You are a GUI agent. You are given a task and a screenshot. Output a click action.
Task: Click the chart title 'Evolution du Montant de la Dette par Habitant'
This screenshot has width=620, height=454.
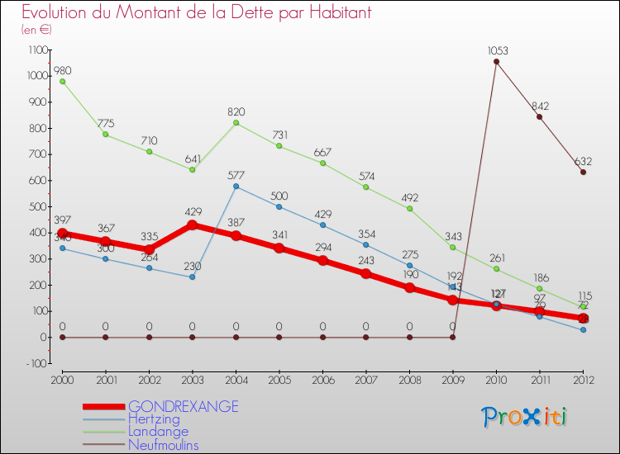click(197, 12)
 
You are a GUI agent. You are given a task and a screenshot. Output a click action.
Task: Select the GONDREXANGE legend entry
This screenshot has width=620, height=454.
click(183, 406)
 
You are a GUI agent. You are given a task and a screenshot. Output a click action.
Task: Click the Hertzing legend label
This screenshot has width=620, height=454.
click(153, 419)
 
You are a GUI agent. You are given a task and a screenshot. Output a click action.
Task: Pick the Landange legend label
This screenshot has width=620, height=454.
click(158, 432)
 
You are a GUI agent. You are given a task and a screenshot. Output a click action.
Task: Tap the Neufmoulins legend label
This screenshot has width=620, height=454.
click(163, 445)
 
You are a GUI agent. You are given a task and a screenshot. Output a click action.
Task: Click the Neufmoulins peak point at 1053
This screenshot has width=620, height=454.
click(496, 61)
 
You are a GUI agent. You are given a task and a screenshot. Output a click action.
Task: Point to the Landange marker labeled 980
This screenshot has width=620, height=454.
click(62, 81)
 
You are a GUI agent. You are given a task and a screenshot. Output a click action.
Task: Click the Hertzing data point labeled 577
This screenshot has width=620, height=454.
click(236, 186)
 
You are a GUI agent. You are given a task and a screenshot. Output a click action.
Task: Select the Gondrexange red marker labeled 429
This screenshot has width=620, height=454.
click(193, 225)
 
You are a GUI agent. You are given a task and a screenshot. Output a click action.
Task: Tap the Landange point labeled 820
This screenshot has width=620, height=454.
click(236, 123)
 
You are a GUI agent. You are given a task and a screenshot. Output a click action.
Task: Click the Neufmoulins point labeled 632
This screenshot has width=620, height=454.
click(583, 172)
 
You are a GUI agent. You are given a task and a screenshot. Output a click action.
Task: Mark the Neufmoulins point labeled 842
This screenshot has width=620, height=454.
click(539, 116)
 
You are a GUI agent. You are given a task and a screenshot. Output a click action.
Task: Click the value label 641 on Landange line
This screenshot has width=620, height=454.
click(193, 158)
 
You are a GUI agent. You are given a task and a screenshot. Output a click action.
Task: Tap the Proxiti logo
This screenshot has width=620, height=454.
click(525, 417)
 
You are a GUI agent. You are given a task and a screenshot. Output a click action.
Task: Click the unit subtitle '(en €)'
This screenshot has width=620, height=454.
click(37, 29)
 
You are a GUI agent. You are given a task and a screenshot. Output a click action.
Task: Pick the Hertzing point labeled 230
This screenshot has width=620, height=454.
click(193, 277)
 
